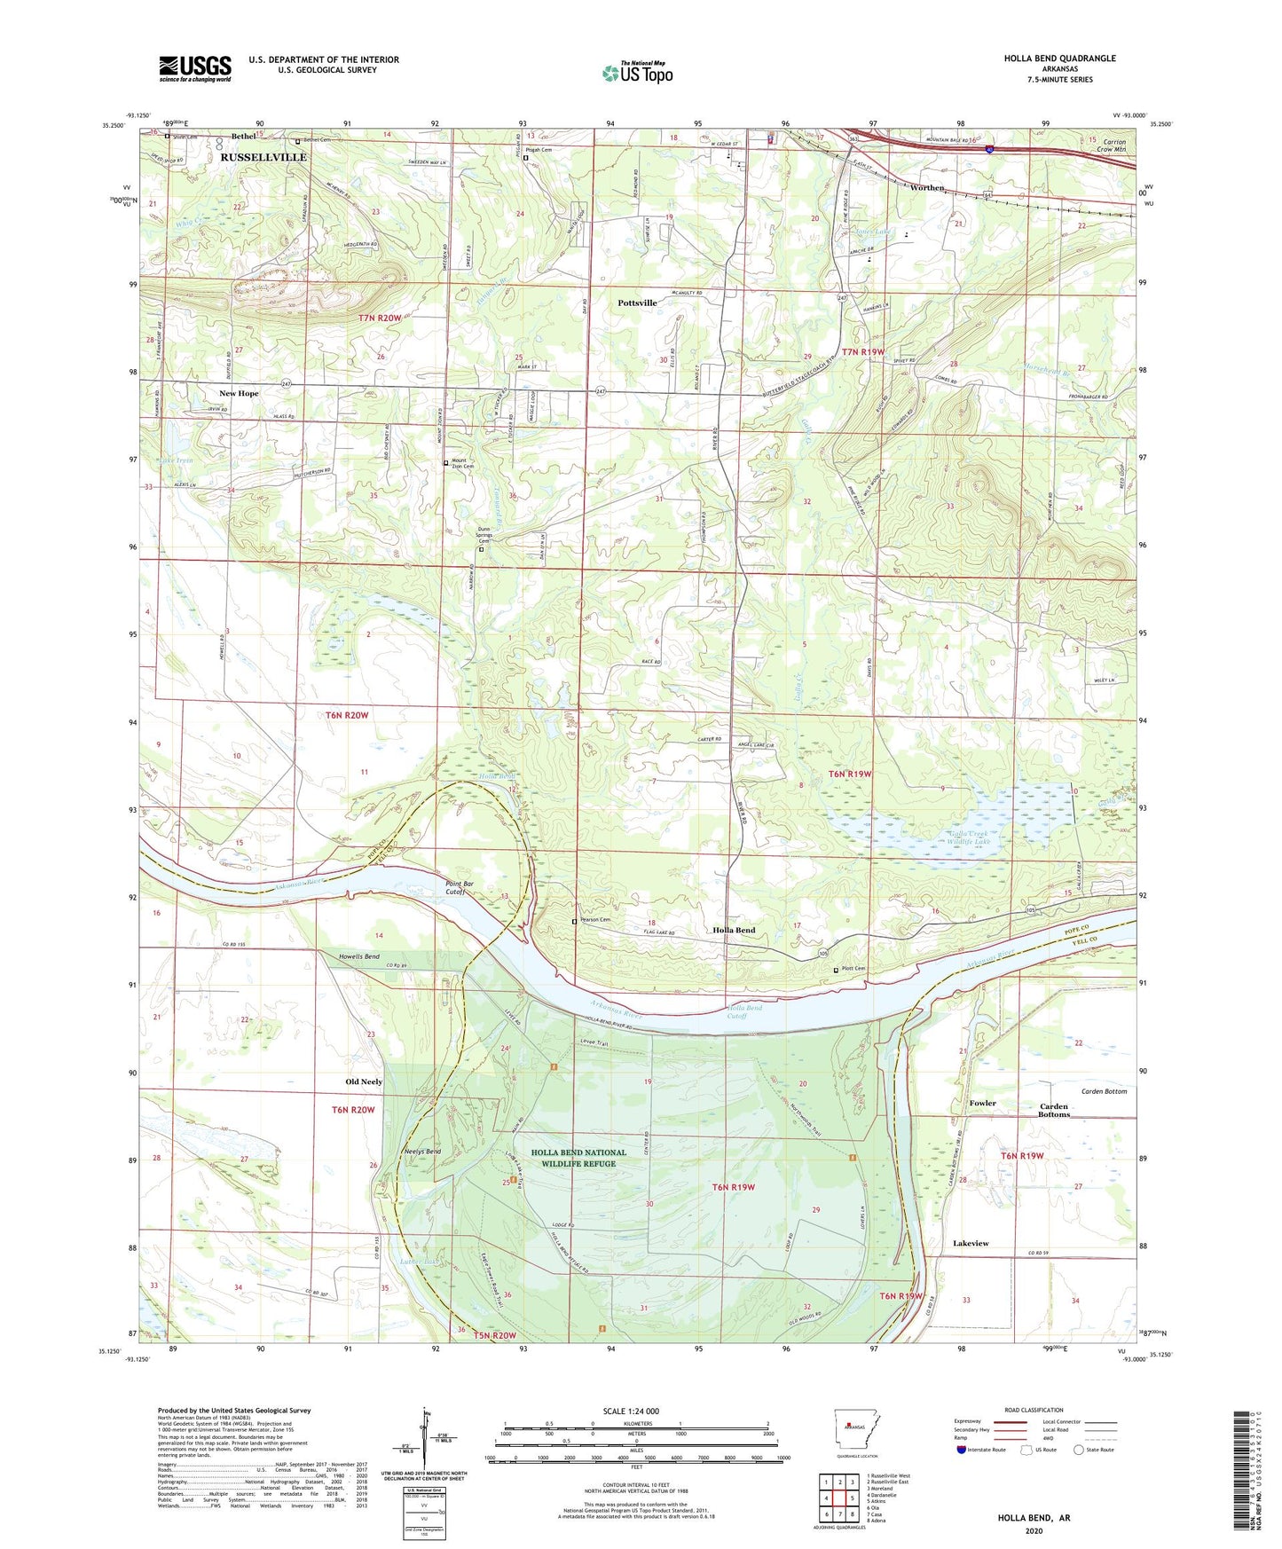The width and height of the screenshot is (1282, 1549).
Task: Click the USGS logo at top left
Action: [x=195, y=68]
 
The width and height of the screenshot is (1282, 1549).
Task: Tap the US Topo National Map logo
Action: [x=637, y=73]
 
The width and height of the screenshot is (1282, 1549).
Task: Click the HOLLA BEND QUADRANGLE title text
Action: [x=1059, y=59]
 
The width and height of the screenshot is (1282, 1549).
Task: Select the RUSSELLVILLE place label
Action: [x=263, y=157]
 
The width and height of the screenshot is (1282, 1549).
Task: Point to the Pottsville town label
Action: [x=637, y=303]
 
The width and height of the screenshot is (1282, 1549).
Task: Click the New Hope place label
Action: [x=240, y=393]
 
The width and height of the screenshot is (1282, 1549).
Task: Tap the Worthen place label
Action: [x=927, y=188]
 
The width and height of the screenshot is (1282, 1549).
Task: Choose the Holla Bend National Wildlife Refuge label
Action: [x=578, y=1158]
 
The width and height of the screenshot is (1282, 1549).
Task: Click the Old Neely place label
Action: [x=364, y=1082]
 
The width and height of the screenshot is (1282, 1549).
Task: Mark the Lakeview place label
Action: [x=971, y=1244]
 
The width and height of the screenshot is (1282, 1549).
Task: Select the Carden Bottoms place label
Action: [x=1054, y=1111]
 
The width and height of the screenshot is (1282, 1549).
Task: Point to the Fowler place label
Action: [x=982, y=1104]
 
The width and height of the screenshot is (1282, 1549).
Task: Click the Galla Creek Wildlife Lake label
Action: [x=956, y=837]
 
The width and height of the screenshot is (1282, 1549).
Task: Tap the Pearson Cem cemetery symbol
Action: [x=574, y=922]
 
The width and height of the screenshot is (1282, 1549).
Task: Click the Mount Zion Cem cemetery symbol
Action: [x=446, y=463]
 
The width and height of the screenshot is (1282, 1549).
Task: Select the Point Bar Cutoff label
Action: [x=460, y=888]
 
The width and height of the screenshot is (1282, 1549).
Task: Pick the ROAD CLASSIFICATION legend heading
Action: [x=1034, y=1410]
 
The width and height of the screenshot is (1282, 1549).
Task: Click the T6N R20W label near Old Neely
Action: [x=353, y=1110]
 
